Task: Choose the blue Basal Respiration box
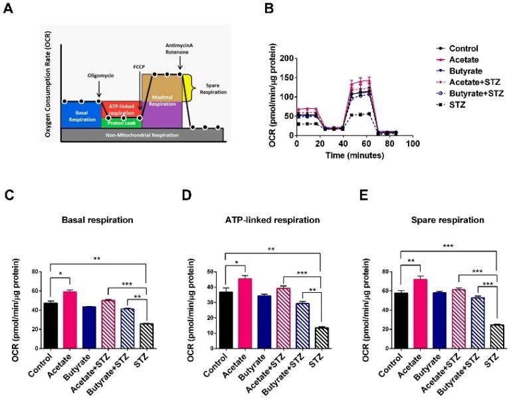(80, 114)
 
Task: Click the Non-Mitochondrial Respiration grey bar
(145, 134)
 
